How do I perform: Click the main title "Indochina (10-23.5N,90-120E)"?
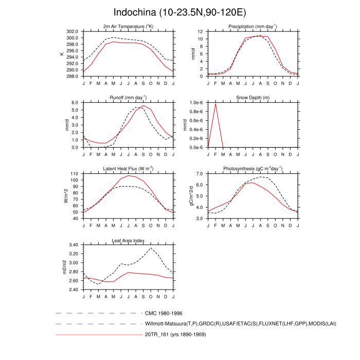179,12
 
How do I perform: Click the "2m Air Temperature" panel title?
128,27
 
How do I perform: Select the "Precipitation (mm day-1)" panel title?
253,27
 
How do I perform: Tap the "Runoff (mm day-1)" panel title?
128,98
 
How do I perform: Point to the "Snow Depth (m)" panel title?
253,98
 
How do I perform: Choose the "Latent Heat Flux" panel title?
128,169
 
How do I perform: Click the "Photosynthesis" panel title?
253,169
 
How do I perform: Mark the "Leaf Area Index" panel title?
128,240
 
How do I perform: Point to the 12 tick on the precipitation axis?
202,31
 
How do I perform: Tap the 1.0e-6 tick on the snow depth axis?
196,103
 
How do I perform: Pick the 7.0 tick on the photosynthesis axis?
200,174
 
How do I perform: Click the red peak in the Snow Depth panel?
215,104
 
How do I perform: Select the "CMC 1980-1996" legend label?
164,313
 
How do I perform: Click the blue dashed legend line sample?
98,324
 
